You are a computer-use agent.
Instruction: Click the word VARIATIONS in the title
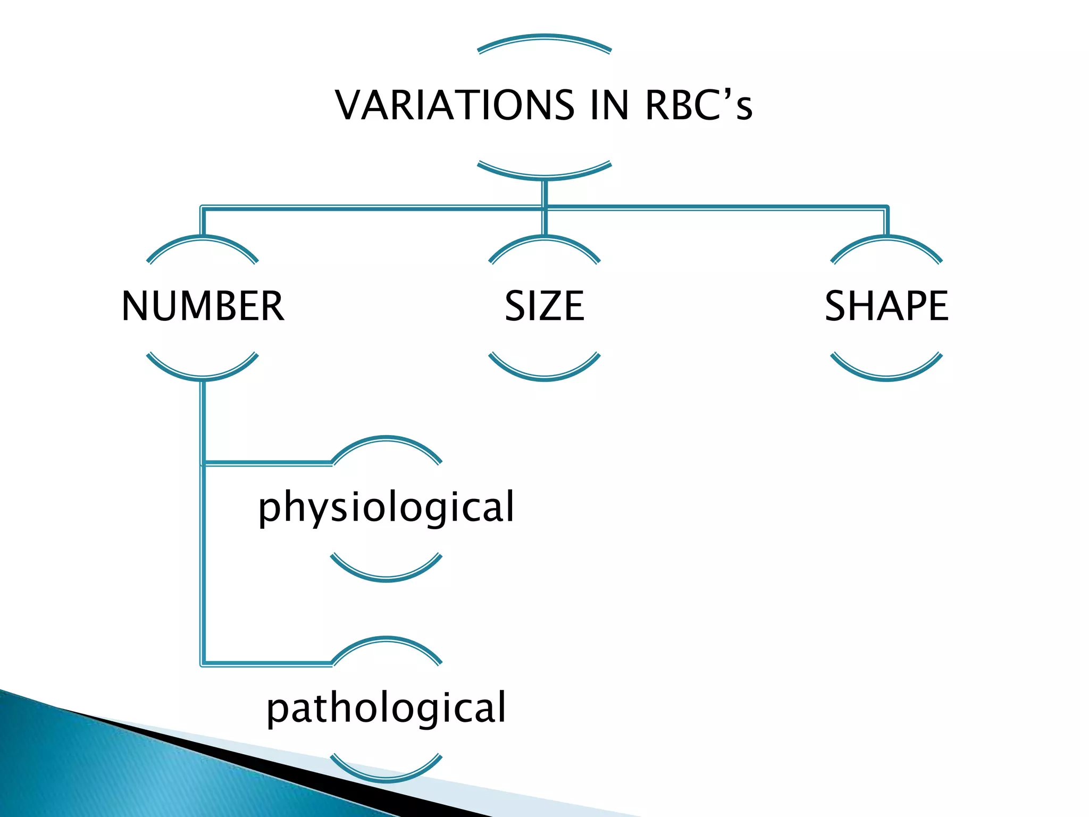(455, 105)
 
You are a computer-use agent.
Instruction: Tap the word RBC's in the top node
(698, 105)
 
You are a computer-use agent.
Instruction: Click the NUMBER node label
(203, 306)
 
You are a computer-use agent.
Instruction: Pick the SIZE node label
(544, 306)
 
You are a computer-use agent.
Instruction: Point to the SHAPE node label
(886, 306)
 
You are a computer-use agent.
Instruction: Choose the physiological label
(387, 507)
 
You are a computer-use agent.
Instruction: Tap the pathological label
(387, 708)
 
